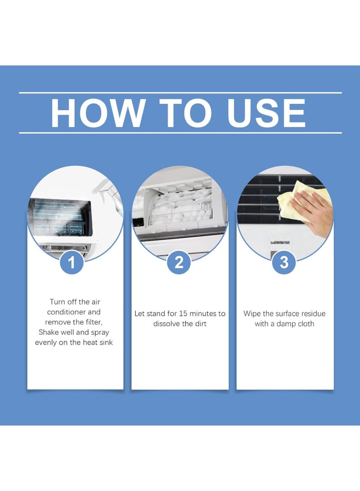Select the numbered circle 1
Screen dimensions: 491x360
click(72, 262)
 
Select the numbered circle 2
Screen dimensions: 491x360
click(179, 262)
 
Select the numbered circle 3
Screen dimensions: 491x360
click(284, 262)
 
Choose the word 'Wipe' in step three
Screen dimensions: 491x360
click(252, 314)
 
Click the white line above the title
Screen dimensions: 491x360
click(180, 93)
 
